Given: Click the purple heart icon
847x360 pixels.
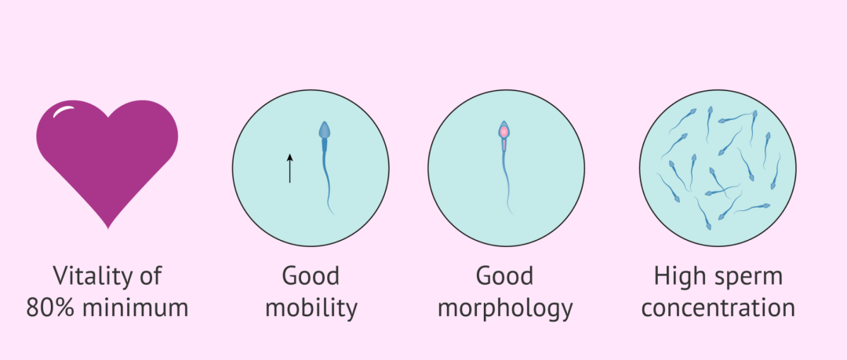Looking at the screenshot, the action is click(107, 159).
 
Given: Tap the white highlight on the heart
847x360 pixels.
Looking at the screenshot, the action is click(63, 111).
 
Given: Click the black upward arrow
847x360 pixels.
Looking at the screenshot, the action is click(289, 168).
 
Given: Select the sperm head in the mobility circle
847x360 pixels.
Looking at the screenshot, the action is click(324, 131).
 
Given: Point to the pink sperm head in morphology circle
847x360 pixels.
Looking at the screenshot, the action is click(504, 130).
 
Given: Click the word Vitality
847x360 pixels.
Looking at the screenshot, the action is click(92, 275).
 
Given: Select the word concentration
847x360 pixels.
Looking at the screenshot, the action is click(718, 309).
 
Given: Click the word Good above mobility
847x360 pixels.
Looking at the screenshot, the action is click(311, 275).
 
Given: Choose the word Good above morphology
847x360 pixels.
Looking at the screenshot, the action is click(504, 275).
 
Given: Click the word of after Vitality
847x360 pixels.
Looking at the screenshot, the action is click(150, 275).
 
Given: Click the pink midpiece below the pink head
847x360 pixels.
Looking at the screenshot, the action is click(504, 145).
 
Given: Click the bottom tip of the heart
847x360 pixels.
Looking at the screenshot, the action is click(108, 229).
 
